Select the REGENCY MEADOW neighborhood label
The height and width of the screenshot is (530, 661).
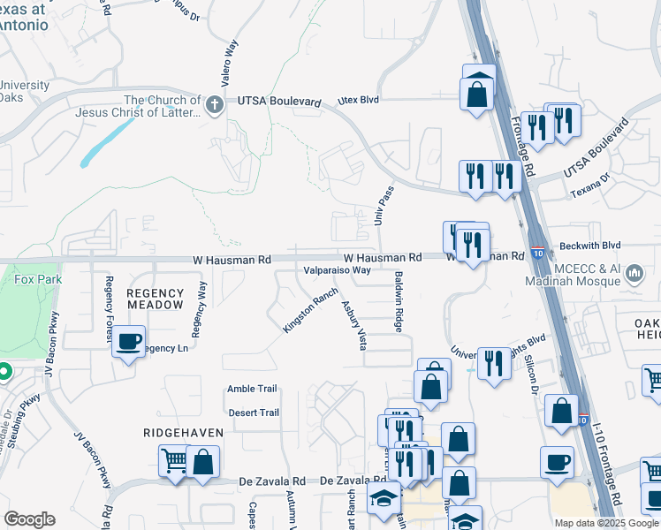click(156, 299)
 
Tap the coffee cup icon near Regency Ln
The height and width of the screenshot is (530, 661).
click(129, 341)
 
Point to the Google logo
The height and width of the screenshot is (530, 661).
click(29, 519)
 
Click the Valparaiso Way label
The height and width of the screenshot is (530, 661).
click(337, 270)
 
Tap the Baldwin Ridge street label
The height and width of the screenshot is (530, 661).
click(399, 303)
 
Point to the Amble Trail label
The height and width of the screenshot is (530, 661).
click(252, 389)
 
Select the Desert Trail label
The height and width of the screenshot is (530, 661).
click(253, 413)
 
